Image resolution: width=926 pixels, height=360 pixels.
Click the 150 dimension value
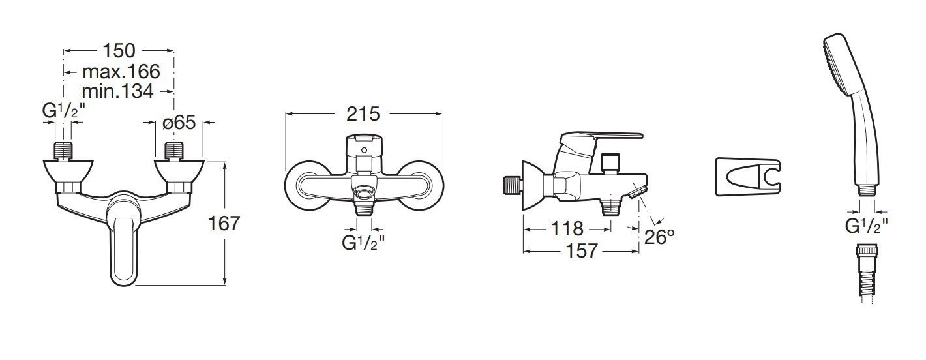click(x=119, y=50)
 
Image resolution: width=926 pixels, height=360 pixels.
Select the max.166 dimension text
click(x=121, y=72)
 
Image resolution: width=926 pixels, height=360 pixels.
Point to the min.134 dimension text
click(x=118, y=91)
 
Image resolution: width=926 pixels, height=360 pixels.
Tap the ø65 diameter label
click(x=179, y=123)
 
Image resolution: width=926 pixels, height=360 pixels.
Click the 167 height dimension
click(x=224, y=224)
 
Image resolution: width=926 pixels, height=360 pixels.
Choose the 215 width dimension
click(x=363, y=113)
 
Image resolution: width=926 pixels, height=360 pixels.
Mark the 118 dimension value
click(x=567, y=228)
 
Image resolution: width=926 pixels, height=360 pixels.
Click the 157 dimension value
click(x=582, y=250)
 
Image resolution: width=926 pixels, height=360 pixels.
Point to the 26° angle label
click(x=659, y=237)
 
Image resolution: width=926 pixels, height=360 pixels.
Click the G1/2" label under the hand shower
click(x=867, y=225)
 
